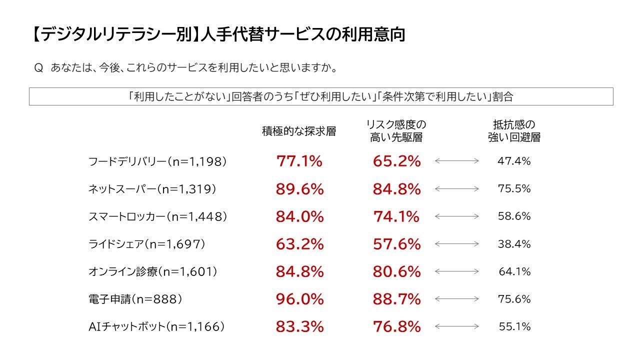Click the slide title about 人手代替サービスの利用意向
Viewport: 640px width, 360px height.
click(217, 35)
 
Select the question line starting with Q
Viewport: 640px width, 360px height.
click(185, 67)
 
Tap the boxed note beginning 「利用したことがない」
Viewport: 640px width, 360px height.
click(321, 96)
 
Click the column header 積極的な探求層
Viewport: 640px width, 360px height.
click(299, 131)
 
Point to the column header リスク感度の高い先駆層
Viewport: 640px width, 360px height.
click(396, 131)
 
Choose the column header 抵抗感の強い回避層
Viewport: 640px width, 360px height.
click(514, 131)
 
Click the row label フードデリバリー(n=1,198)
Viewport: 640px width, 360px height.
click(157, 161)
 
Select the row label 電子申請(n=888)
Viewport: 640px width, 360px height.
click(135, 299)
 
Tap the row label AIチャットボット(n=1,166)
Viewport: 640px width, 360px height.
click(156, 326)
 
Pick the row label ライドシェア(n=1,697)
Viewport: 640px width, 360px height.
click(146, 244)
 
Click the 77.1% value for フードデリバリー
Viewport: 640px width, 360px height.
click(299, 161)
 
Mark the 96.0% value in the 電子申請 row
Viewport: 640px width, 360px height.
click(299, 299)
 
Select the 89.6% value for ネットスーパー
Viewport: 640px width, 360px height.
click(299, 189)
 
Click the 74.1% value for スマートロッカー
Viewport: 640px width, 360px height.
click(396, 216)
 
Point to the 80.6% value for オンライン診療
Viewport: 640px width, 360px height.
click(396, 271)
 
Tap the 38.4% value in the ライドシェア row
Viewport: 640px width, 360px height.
click(514, 244)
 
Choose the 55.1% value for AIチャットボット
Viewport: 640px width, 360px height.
click(514, 326)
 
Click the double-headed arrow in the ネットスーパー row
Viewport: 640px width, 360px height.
click(457, 189)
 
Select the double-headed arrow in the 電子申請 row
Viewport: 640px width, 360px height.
click(457, 299)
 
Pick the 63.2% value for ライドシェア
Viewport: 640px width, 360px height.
click(299, 244)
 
